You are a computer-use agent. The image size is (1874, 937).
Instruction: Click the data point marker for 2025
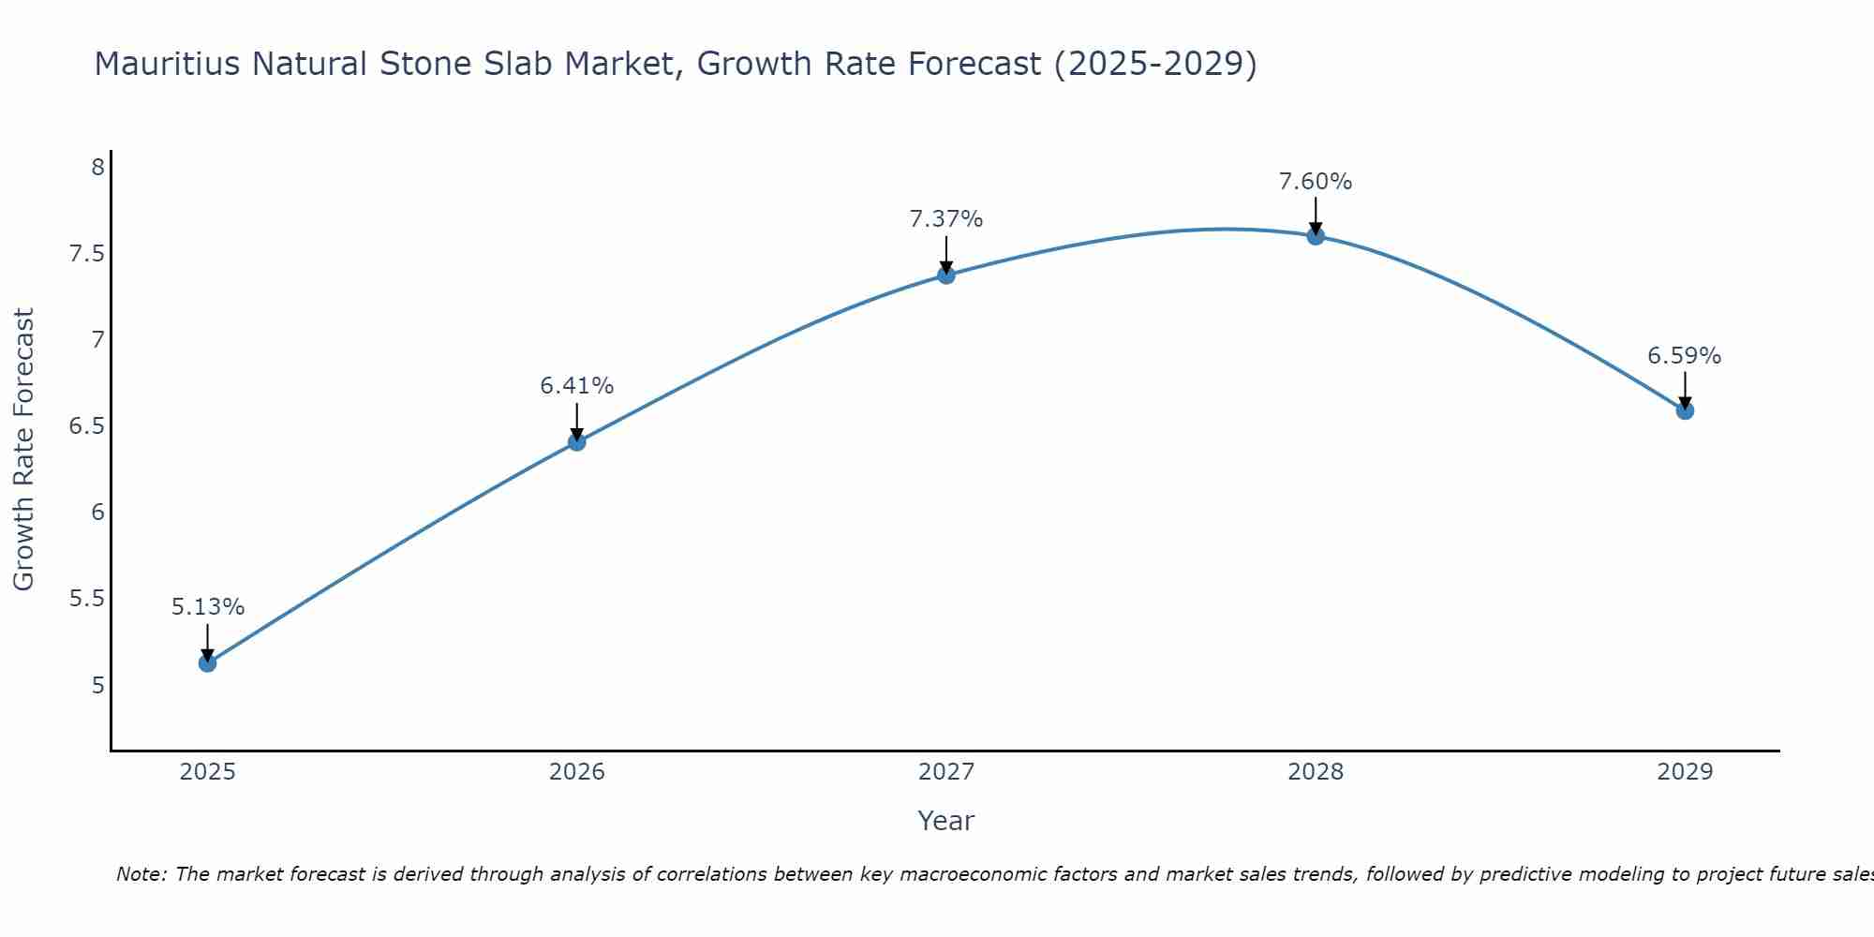(x=208, y=663)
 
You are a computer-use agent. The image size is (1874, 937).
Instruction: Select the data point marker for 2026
(x=577, y=441)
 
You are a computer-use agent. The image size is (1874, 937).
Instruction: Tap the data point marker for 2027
(x=946, y=275)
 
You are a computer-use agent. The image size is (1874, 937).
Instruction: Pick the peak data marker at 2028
(x=1316, y=236)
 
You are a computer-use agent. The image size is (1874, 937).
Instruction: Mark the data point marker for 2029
(x=1685, y=410)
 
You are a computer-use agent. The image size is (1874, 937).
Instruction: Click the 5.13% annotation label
(x=208, y=607)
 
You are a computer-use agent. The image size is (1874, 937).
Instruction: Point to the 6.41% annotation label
(x=577, y=385)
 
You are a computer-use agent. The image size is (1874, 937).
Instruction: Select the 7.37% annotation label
(x=946, y=219)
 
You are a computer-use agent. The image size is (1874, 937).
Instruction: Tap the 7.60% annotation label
(x=1316, y=182)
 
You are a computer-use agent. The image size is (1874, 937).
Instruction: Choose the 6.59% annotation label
(x=1685, y=356)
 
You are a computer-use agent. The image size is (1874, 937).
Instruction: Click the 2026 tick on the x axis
(x=577, y=772)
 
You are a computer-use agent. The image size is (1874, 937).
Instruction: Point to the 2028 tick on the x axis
(x=1316, y=772)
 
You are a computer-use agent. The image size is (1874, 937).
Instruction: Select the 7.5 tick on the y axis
(x=86, y=254)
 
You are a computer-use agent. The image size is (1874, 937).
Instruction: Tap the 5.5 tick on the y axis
(x=86, y=599)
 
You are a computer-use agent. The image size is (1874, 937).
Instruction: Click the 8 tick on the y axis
(x=97, y=168)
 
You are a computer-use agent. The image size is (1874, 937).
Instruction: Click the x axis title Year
(x=946, y=821)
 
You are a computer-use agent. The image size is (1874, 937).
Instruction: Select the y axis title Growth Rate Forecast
(x=23, y=450)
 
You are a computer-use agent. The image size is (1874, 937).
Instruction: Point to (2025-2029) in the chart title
(x=1155, y=64)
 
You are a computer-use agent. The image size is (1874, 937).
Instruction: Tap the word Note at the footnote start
(x=140, y=874)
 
